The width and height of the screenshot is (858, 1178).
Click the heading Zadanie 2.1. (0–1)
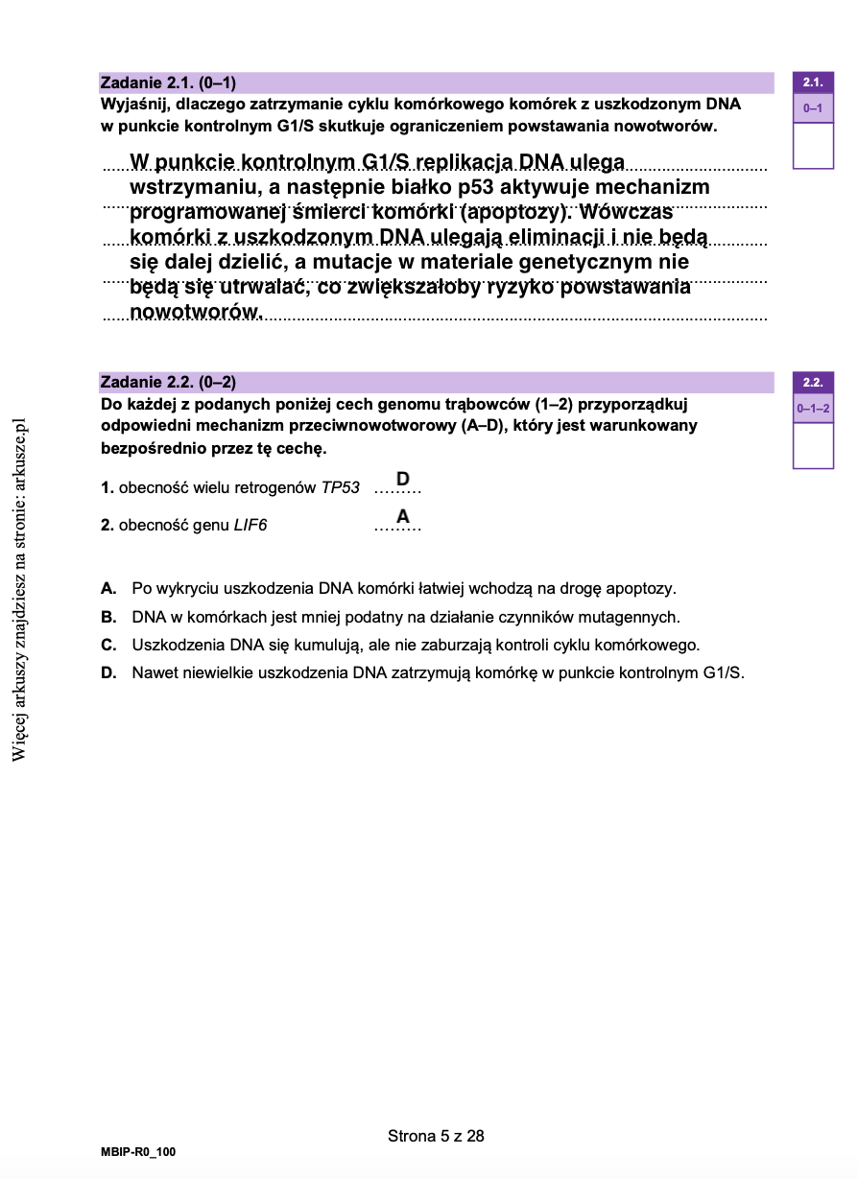click(168, 83)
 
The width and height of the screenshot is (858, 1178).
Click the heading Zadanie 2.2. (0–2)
click(168, 383)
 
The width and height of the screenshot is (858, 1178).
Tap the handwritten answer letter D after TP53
click(403, 479)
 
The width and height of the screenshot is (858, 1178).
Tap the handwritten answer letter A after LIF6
click(403, 517)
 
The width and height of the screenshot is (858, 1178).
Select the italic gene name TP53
click(341, 488)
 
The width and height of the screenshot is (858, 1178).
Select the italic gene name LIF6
click(250, 526)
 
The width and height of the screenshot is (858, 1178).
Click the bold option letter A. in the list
click(109, 588)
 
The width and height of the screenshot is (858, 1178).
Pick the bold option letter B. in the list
click(109, 617)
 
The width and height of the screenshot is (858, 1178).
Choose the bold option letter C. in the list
click(109, 645)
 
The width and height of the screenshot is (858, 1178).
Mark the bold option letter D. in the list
click(109, 673)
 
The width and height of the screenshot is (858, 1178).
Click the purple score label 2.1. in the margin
click(813, 82)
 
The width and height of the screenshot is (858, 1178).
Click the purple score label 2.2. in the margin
click(813, 383)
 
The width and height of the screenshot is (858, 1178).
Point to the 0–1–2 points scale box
click(813, 410)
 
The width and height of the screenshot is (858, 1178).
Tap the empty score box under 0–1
click(813, 145)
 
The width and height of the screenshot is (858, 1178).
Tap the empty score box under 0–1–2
click(813, 445)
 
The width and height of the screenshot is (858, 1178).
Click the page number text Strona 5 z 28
click(436, 1137)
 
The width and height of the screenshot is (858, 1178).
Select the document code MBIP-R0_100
click(138, 1151)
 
